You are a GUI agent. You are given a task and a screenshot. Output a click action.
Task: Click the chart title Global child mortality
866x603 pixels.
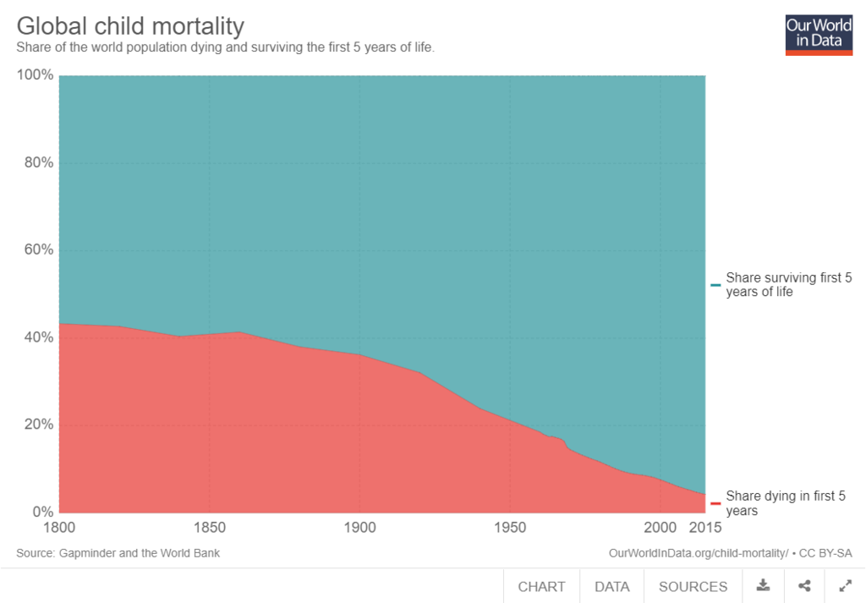click(130, 25)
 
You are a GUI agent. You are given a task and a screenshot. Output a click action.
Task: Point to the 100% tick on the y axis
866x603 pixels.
click(35, 75)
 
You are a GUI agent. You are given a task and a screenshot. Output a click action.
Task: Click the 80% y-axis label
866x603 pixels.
click(38, 163)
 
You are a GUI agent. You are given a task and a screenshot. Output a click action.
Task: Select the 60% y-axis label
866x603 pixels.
click(38, 250)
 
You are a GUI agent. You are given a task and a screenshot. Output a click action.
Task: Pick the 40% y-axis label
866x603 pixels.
click(38, 337)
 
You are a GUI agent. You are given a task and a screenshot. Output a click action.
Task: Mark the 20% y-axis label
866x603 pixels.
click(38, 425)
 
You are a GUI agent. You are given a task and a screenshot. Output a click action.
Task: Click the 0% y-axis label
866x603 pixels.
click(42, 512)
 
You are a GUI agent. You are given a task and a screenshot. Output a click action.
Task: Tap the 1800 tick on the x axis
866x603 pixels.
click(59, 528)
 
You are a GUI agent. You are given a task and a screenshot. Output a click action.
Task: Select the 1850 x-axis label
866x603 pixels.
click(209, 528)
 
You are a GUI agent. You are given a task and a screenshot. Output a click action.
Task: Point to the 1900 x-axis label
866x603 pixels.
click(359, 528)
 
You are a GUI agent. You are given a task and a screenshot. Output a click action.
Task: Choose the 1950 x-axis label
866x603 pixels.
click(510, 528)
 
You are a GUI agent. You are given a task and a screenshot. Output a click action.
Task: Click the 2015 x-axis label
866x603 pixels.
click(704, 528)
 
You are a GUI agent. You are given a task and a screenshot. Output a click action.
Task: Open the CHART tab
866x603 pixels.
click(541, 586)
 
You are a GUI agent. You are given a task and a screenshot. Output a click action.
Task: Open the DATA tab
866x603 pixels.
click(611, 586)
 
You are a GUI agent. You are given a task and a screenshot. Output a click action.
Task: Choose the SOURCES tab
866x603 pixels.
click(693, 586)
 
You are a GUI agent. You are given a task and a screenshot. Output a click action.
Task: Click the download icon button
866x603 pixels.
click(764, 585)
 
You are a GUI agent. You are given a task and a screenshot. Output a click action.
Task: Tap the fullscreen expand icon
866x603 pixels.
click(845, 585)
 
